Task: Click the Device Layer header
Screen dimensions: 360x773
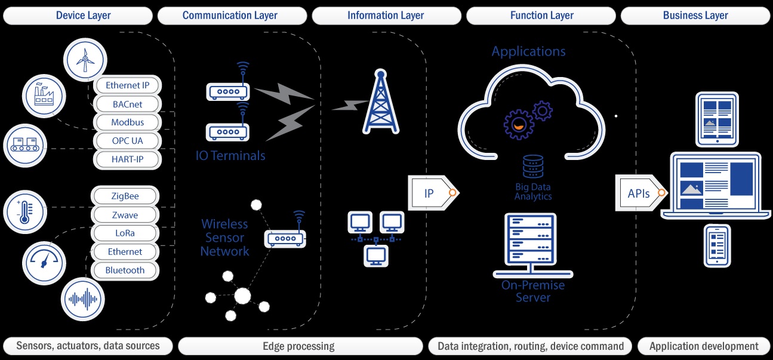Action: click(84, 16)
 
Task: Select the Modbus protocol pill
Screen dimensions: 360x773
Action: click(127, 122)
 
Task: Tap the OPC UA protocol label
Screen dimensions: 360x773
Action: click(127, 141)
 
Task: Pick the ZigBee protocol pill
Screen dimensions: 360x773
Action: click(125, 196)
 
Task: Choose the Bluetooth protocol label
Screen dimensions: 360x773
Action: click(125, 270)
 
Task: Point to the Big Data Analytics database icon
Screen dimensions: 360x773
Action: click(533, 167)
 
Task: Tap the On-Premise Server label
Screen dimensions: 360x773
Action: click(533, 291)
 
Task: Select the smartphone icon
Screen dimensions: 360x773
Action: click(717, 245)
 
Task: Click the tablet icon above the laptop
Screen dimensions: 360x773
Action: click(717, 119)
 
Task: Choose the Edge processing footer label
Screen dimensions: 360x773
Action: click(298, 346)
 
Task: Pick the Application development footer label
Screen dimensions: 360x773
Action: click(704, 346)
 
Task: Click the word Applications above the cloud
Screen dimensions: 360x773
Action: click(528, 51)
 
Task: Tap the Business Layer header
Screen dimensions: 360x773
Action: click(695, 16)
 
